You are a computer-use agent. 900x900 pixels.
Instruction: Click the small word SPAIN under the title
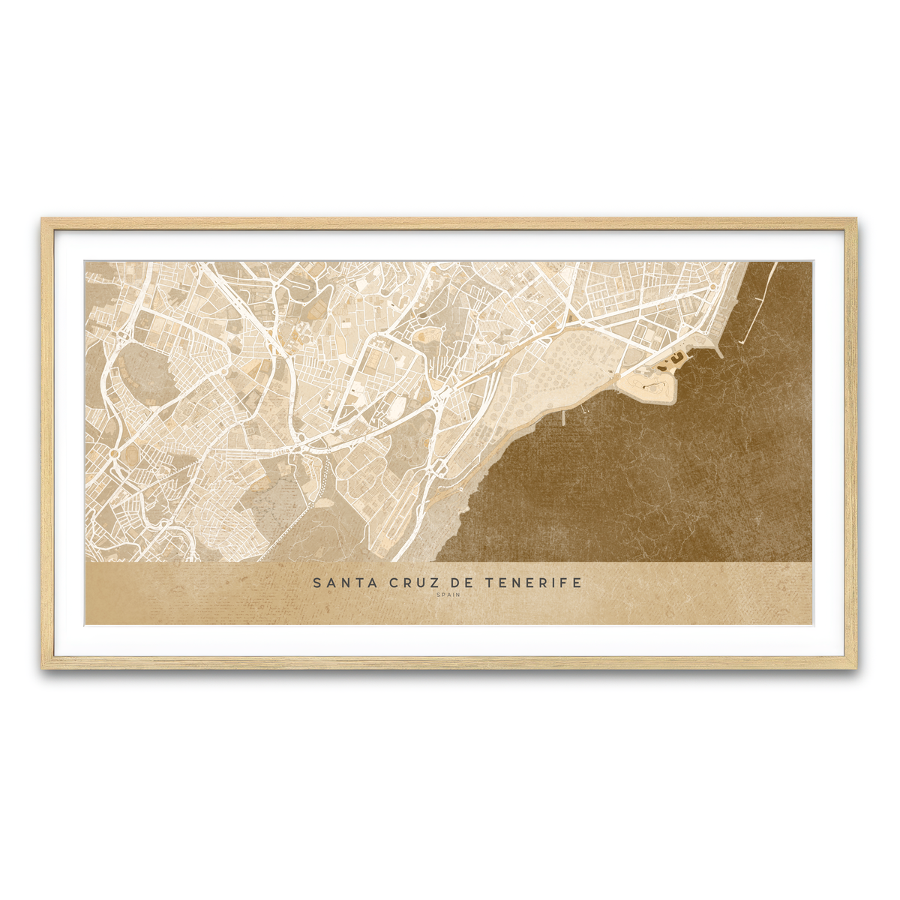click(448, 595)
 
